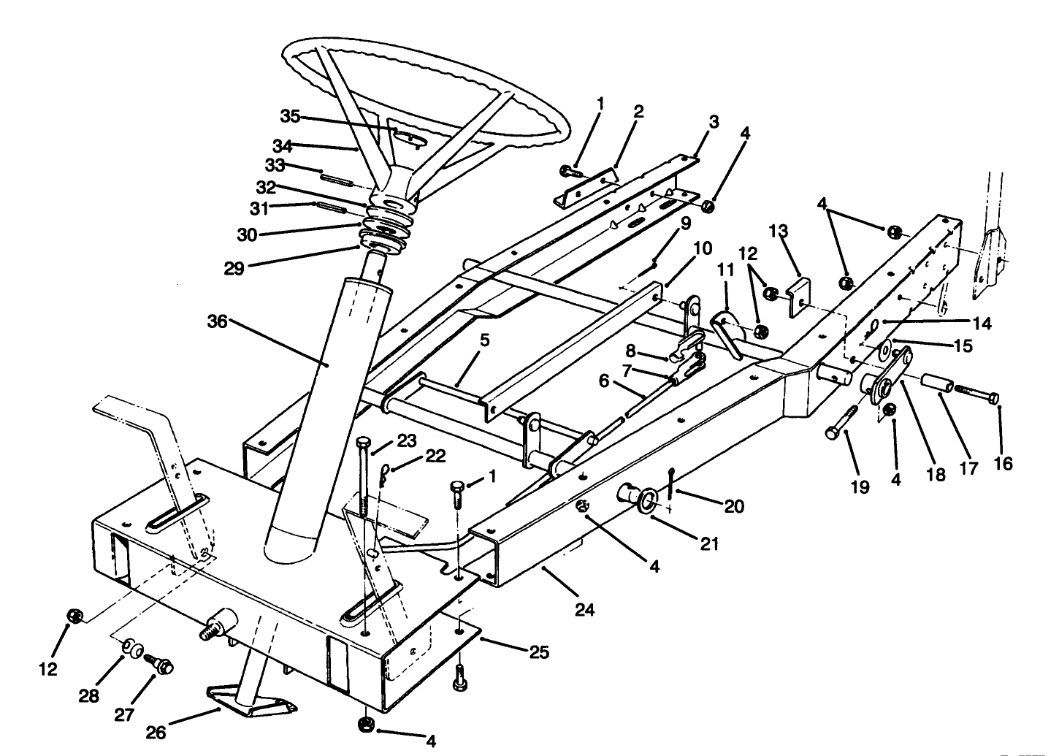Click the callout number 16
click(1003, 463)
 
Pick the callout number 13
click(779, 232)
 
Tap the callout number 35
click(291, 117)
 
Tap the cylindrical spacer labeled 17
click(938, 383)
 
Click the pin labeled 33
click(338, 176)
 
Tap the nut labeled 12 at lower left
click(74, 616)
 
